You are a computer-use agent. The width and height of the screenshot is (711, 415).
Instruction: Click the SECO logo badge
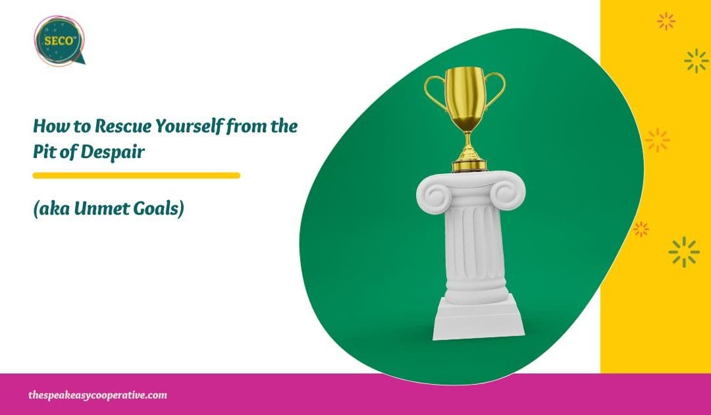tap(58, 40)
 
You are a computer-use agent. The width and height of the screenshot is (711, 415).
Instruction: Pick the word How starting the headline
tap(49, 125)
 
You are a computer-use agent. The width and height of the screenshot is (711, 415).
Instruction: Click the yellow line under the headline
tap(136, 175)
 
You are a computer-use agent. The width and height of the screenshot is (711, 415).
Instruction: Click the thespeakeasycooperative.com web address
tap(97, 395)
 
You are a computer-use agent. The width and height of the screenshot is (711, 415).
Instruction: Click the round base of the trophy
tap(469, 163)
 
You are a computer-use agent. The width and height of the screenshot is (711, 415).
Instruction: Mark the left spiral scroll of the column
tap(431, 194)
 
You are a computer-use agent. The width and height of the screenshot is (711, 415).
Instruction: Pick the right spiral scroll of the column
tap(508, 194)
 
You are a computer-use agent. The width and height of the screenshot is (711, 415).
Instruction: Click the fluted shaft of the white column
tap(469, 250)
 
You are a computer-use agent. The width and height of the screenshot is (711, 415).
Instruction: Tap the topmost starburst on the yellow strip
tap(666, 21)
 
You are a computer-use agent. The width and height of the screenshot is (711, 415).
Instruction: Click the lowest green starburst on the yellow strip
tap(683, 252)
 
